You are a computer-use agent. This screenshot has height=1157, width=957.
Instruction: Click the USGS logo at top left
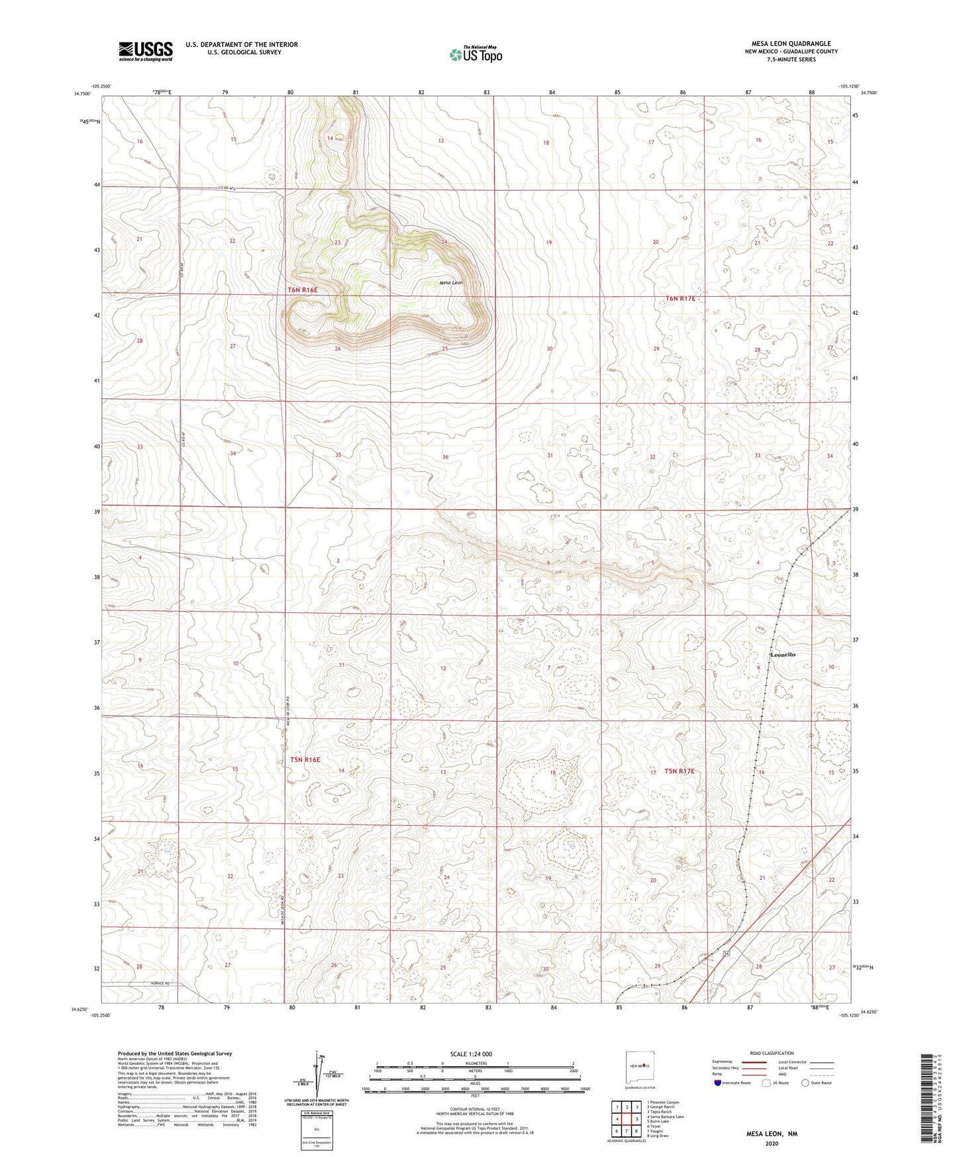(146, 50)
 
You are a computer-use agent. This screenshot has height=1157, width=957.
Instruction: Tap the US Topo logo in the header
(475, 54)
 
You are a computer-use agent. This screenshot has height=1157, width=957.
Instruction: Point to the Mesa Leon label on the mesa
(451, 283)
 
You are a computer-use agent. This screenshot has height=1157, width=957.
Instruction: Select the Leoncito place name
(783, 654)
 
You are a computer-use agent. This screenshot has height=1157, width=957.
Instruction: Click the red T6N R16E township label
(303, 290)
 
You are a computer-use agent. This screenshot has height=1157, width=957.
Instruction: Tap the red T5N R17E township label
(680, 771)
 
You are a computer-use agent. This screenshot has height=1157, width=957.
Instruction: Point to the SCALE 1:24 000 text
(475, 1054)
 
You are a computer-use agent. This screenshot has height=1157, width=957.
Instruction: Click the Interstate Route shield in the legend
(718, 1083)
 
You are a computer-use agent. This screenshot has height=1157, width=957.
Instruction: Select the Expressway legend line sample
(754, 1062)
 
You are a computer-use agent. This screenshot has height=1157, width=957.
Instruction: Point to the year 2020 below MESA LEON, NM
(771, 1143)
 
